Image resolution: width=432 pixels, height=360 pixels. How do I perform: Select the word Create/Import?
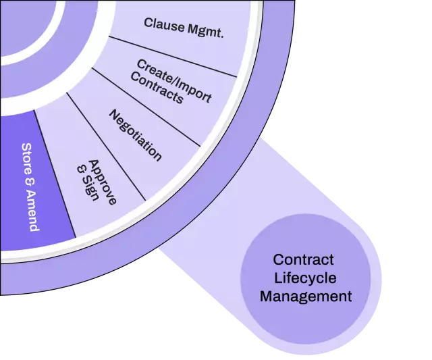[174, 80]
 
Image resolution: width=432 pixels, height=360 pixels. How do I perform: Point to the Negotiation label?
[135, 134]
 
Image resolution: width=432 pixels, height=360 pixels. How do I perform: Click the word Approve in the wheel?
[103, 181]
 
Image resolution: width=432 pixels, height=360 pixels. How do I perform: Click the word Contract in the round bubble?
[303, 259]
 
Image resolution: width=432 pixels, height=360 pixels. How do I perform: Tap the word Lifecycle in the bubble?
[305, 278]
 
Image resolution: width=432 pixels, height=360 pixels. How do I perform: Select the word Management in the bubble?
[306, 296]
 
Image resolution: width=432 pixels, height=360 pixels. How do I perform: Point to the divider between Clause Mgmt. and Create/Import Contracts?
[173, 57]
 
